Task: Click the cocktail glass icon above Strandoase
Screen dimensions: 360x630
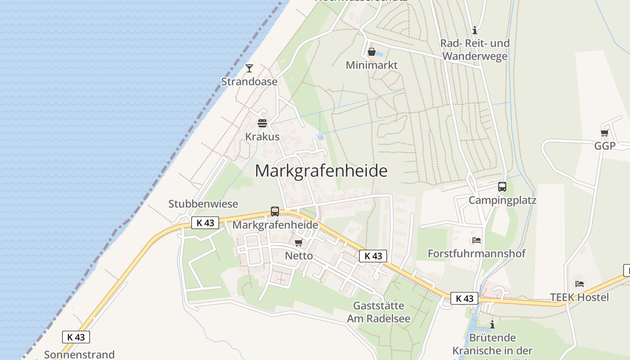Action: click(x=249, y=68)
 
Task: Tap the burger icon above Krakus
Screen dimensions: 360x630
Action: click(x=262, y=123)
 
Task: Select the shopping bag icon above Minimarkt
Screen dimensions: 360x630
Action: click(x=372, y=52)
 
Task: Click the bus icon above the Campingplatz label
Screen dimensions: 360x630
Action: click(x=502, y=187)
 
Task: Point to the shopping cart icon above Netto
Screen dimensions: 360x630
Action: click(x=298, y=243)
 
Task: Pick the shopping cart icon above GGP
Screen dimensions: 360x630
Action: click(x=604, y=133)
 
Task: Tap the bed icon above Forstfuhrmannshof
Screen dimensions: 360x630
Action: click(x=477, y=240)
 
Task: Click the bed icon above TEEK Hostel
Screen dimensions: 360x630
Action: click(x=580, y=284)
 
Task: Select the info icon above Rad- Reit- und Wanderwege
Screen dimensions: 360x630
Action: click(x=475, y=31)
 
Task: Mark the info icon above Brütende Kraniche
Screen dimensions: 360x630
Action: click(x=492, y=324)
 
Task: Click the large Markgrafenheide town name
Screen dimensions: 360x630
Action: click(x=321, y=171)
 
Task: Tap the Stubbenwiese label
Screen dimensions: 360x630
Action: click(x=203, y=204)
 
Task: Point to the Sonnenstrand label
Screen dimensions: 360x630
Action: click(x=79, y=355)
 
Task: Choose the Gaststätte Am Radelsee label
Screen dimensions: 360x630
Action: click(x=378, y=312)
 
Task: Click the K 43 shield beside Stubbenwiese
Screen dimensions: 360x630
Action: click(x=205, y=222)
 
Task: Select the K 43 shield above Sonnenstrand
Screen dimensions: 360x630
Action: click(x=76, y=337)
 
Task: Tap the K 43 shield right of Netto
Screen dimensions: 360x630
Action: click(x=373, y=256)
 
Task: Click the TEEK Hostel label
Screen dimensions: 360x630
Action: click(x=580, y=297)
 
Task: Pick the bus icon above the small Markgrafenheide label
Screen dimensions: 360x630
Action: click(x=274, y=211)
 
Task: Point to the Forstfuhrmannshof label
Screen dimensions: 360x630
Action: click(x=477, y=253)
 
